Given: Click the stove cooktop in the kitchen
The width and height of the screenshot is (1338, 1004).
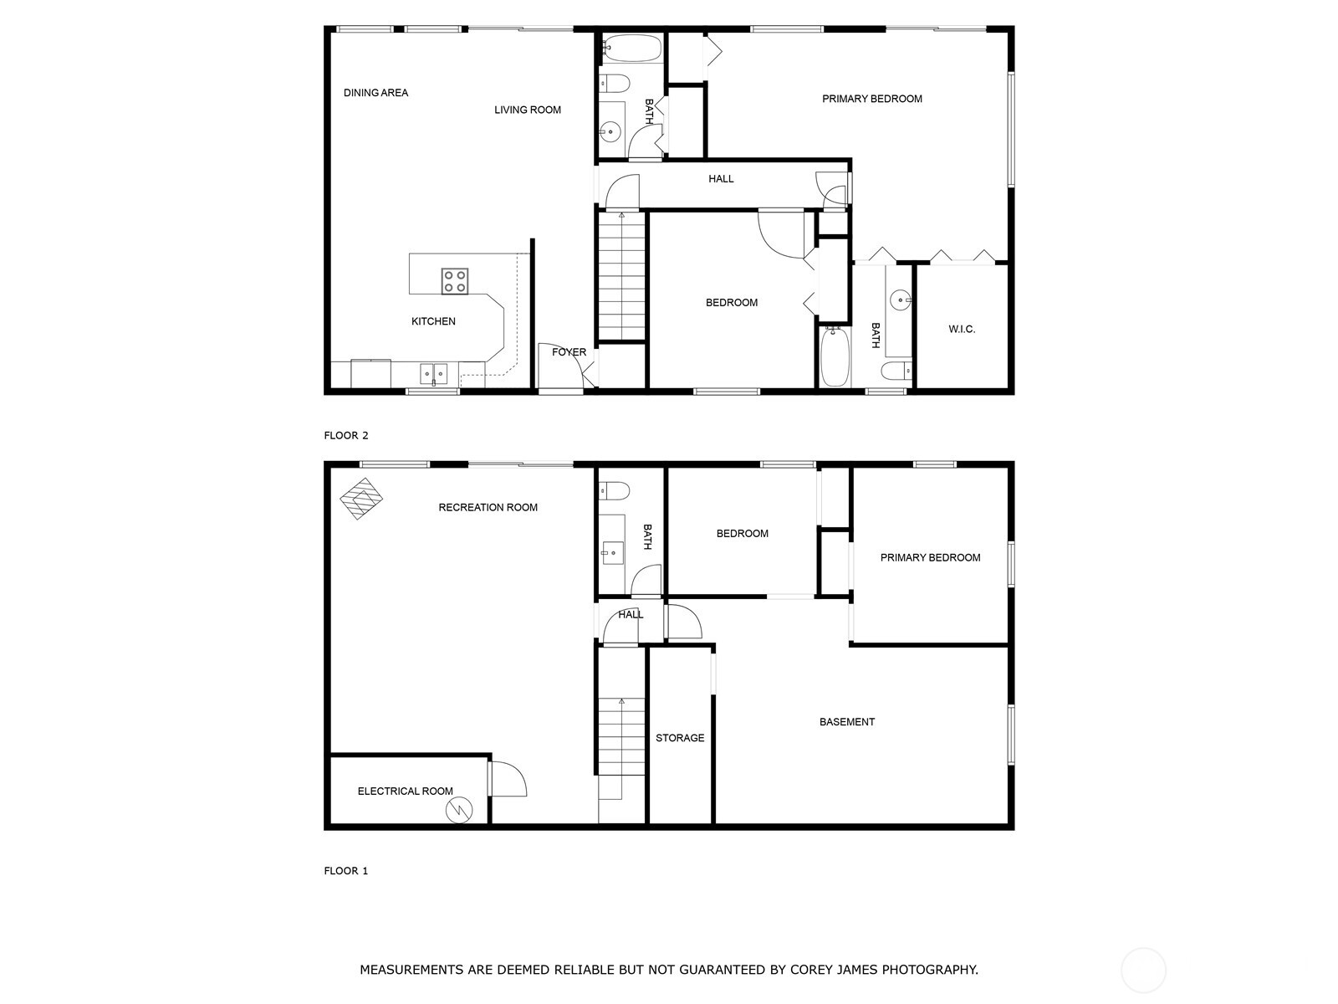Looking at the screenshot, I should (x=455, y=281).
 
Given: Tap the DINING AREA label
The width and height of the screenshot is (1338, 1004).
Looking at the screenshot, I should (x=375, y=93).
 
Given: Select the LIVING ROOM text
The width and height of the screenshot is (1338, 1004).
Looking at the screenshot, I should (x=527, y=110).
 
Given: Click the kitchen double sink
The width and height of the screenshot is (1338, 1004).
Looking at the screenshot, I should (x=433, y=373).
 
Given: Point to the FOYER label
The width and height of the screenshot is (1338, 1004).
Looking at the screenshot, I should (x=569, y=352).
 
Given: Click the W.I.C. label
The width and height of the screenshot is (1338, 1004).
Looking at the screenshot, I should (x=962, y=330).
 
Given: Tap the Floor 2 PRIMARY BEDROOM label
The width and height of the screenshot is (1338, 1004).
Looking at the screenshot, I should (x=871, y=99).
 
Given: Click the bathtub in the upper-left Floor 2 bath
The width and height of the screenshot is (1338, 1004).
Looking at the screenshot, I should (x=631, y=48).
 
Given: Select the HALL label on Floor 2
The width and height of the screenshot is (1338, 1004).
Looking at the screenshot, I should (x=721, y=179).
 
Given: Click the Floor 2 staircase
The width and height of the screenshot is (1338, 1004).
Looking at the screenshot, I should (x=622, y=276).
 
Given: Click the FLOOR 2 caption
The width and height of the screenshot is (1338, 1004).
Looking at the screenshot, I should (x=346, y=435).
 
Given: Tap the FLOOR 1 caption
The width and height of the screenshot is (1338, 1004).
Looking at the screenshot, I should (x=346, y=871).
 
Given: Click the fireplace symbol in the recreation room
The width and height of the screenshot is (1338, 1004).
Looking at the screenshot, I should (x=361, y=498).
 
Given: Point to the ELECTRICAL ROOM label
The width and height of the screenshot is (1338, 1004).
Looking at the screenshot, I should (x=405, y=791).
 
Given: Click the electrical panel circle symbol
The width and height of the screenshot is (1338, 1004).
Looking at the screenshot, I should (x=460, y=809).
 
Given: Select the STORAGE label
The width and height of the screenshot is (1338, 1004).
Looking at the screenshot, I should (x=679, y=738).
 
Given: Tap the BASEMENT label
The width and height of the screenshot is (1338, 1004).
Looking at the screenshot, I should (x=846, y=722).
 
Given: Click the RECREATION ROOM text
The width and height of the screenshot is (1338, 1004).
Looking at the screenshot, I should (x=488, y=508).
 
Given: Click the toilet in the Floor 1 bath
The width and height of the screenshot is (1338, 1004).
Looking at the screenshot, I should (x=615, y=490).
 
